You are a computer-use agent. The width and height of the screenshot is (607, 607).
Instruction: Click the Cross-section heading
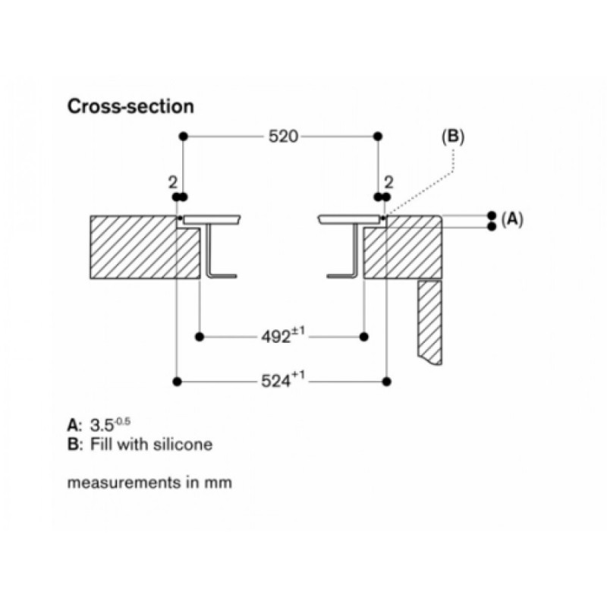(x=131, y=106)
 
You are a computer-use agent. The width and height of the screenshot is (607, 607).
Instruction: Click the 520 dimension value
(x=283, y=137)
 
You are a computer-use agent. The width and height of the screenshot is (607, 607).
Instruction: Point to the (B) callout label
(x=453, y=137)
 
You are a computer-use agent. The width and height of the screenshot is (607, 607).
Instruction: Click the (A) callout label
(x=511, y=219)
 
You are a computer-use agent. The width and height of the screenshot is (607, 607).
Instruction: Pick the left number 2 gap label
(x=173, y=183)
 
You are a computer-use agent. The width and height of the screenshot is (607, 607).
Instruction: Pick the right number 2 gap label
(x=389, y=183)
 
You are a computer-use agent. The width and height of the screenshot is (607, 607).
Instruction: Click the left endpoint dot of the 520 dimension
(x=184, y=137)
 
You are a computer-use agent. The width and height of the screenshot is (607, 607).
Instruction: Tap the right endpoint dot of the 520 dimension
(x=378, y=137)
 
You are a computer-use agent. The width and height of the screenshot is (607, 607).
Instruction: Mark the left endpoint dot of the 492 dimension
(x=200, y=337)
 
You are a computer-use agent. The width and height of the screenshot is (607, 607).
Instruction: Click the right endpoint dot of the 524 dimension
(x=386, y=382)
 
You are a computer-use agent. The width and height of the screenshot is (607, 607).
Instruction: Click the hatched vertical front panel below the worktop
(x=429, y=322)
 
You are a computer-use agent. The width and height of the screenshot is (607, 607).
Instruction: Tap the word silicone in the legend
(x=183, y=444)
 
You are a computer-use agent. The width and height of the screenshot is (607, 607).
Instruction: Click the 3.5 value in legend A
(x=102, y=426)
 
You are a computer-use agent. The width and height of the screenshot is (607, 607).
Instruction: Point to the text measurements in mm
(x=149, y=483)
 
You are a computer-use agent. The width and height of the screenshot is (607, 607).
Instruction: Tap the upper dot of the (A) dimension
(x=492, y=215)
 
